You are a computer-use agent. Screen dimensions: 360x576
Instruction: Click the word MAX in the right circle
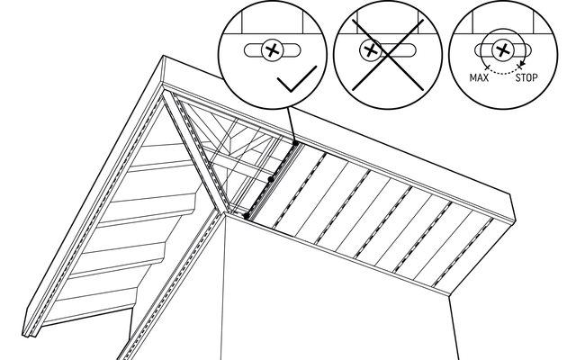(480, 78)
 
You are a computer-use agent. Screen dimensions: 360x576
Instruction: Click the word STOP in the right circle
(525, 78)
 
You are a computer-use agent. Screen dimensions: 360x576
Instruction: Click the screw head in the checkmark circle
(269, 50)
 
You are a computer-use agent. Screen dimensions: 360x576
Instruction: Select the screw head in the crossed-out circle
(369, 50)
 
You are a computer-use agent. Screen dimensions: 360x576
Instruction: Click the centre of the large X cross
(378, 52)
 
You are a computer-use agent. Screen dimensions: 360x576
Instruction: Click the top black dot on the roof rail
(295, 142)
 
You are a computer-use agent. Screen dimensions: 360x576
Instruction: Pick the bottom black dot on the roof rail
(247, 216)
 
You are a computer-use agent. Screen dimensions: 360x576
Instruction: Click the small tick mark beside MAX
(486, 67)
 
